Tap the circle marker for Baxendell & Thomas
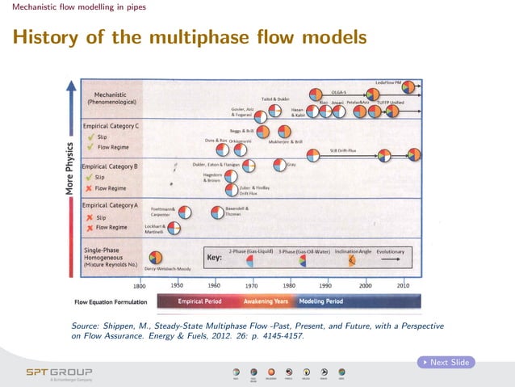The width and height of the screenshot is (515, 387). [x=217, y=212]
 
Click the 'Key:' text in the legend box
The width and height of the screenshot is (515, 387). [x=215, y=259]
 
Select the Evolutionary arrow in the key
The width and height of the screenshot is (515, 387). [x=393, y=260]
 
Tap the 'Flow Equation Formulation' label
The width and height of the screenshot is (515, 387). [x=111, y=302]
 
